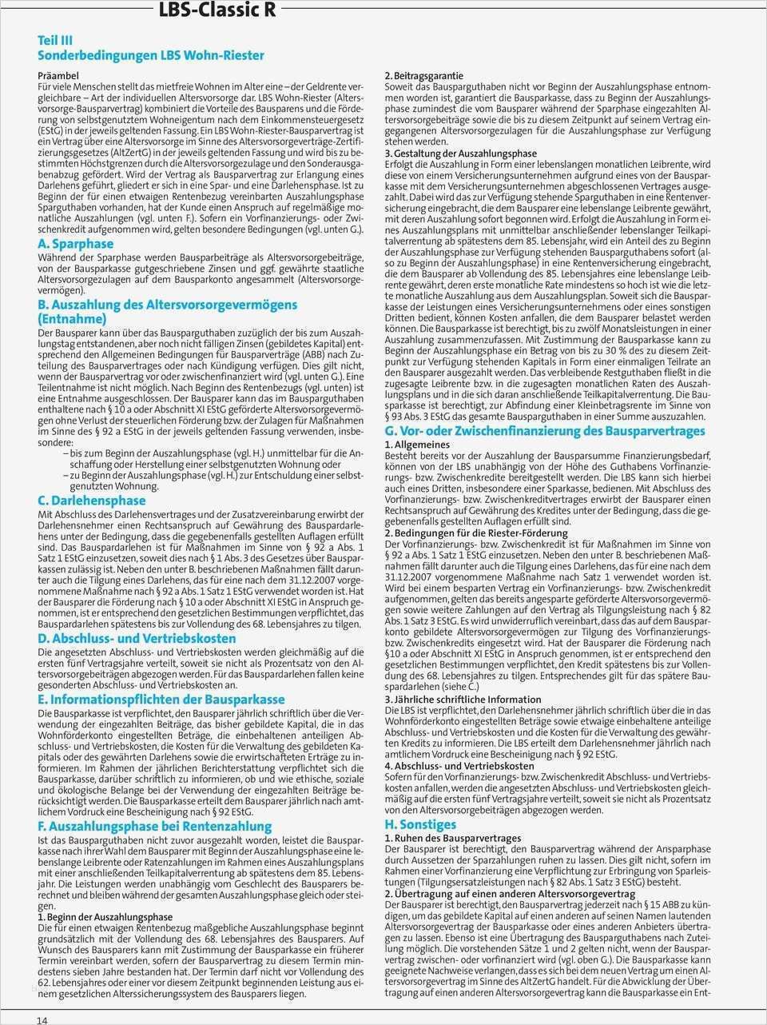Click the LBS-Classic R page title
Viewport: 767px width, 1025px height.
tap(217, 10)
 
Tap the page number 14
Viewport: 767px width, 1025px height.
tap(42, 1019)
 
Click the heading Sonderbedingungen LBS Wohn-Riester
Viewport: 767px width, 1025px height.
tap(151, 55)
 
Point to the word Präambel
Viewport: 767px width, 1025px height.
tap(58, 74)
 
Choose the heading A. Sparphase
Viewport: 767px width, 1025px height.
tap(76, 243)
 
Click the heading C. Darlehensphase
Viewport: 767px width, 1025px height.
tap(92, 501)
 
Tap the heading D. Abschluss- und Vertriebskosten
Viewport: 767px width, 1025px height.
tap(137, 638)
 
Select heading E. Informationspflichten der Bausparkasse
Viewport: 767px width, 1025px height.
tap(161, 698)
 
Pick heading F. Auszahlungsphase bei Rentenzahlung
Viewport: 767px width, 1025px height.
tap(155, 825)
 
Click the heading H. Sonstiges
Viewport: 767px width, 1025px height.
tap(420, 824)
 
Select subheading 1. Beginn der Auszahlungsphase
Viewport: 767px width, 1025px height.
tap(105, 917)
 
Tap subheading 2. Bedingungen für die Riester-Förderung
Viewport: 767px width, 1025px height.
tap(476, 532)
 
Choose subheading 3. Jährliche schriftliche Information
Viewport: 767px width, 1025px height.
tap(463, 699)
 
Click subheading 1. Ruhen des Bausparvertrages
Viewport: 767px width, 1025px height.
tap(452, 838)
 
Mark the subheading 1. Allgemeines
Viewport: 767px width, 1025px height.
tap(417, 444)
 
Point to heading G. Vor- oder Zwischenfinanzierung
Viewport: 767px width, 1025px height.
tap(545, 431)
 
